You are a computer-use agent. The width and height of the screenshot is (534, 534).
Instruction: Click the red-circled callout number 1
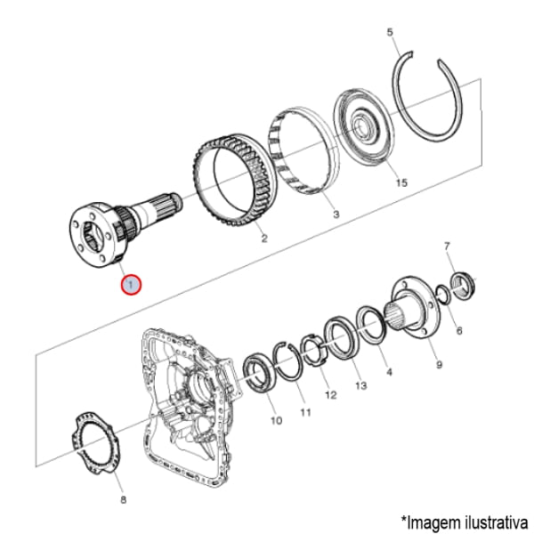[131, 285]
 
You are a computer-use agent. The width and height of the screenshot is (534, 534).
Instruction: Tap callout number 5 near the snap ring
[390, 32]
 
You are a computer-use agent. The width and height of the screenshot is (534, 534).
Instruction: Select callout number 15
[401, 182]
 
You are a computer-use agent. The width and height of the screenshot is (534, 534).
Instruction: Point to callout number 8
[124, 499]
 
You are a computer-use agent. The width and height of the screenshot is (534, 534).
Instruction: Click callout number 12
[331, 395]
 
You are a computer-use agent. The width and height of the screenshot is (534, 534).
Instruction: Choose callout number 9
[440, 365]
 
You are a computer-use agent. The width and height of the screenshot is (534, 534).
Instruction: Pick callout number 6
[459, 330]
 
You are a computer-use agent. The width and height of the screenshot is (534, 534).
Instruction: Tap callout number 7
[447, 246]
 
